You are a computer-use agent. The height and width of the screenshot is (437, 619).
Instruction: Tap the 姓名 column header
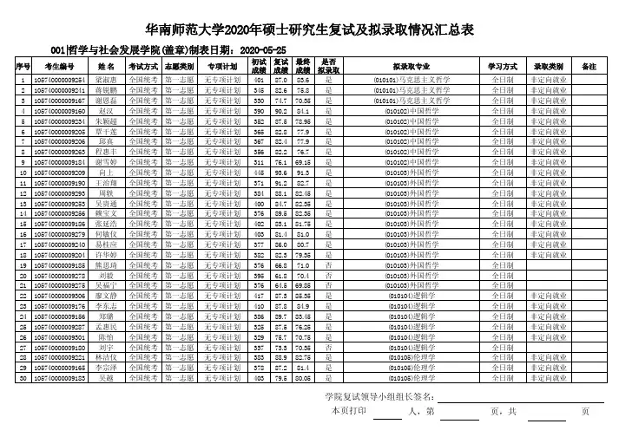[x=107, y=67]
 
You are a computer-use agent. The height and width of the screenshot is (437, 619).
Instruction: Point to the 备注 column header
[x=589, y=67]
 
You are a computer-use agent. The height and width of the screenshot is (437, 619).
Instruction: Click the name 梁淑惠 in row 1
[x=107, y=79]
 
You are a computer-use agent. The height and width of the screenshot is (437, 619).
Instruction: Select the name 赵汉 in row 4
[x=107, y=112]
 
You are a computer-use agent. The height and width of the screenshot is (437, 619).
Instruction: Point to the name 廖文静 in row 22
[x=107, y=296]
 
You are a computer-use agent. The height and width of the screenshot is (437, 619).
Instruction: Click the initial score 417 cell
[x=258, y=296]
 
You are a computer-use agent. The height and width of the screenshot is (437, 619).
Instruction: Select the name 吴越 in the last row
[x=107, y=378]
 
